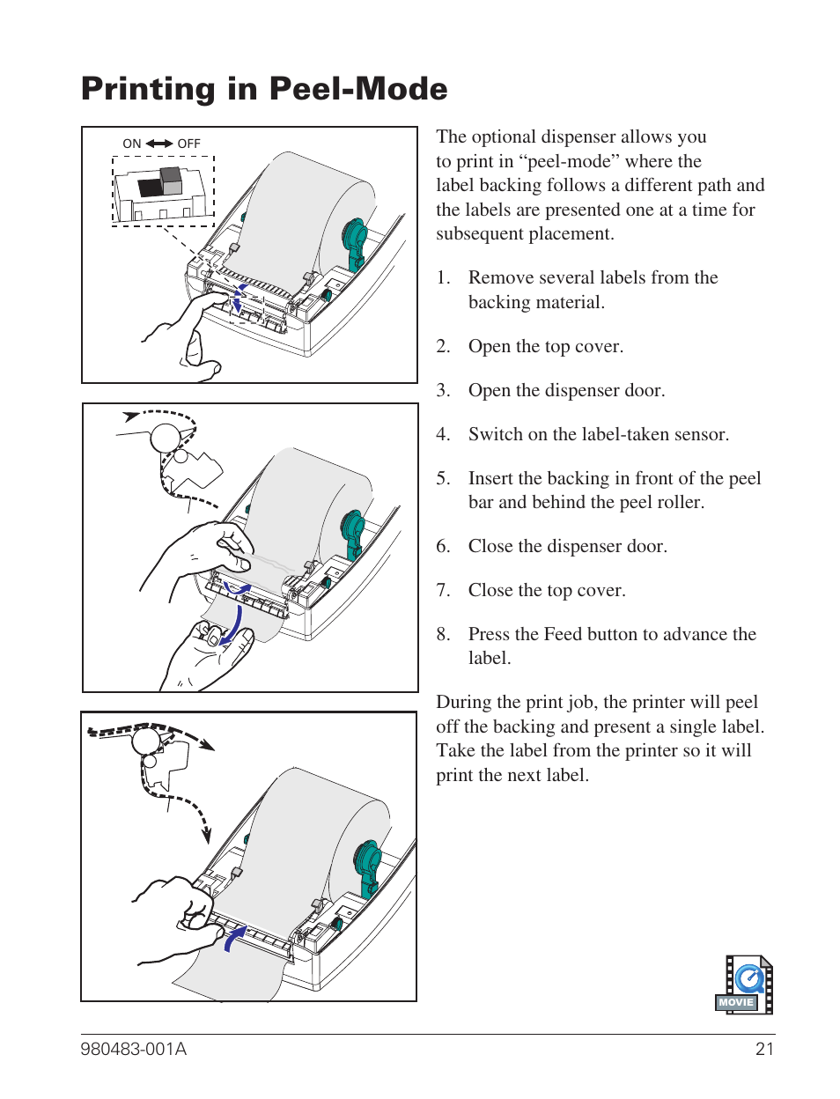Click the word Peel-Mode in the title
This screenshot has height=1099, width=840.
[x=357, y=89]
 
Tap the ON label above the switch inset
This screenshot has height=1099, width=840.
[x=132, y=144]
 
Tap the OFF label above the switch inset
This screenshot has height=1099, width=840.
[x=188, y=144]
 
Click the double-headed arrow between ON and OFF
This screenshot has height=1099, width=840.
[x=159, y=144]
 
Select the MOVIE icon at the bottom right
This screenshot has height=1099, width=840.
[x=744, y=985]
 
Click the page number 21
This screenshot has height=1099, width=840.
[x=764, y=1049]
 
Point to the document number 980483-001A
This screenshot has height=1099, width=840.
[x=134, y=1049]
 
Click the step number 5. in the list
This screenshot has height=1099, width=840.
[x=443, y=478]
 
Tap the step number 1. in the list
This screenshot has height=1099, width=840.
[x=443, y=277]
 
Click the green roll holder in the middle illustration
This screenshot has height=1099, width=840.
[x=352, y=532]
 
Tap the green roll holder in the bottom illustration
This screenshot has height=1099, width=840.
[x=368, y=865]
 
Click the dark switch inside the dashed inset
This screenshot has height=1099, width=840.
[x=151, y=186]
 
